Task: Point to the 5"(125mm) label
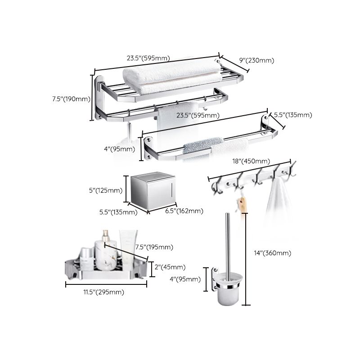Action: click(x=107, y=190)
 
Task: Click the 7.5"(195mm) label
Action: click(x=153, y=247)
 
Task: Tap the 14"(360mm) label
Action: click(x=272, y=253)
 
